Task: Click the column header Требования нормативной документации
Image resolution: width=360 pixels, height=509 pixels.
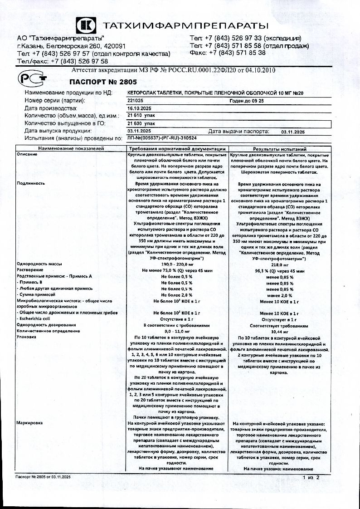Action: click(x=177, y=149)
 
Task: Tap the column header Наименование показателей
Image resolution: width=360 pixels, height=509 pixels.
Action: click(x=71, y=149)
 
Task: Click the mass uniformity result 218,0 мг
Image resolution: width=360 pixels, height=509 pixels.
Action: click(x=279, y=264)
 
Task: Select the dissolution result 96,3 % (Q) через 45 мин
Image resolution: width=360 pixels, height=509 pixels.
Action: click(x=279, y=271)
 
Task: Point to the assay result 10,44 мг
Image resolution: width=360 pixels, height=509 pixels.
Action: click(x=279, y=332)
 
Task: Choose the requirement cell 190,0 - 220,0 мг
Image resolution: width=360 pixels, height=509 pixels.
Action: click(x=177, y=264)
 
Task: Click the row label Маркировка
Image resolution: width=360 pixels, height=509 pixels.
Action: click(x=29, y=423)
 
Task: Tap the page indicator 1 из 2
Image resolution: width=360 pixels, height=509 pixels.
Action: click(x=311, y=478)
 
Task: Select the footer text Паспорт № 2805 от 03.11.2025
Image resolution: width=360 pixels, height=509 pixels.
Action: click(x=43, y=478)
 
